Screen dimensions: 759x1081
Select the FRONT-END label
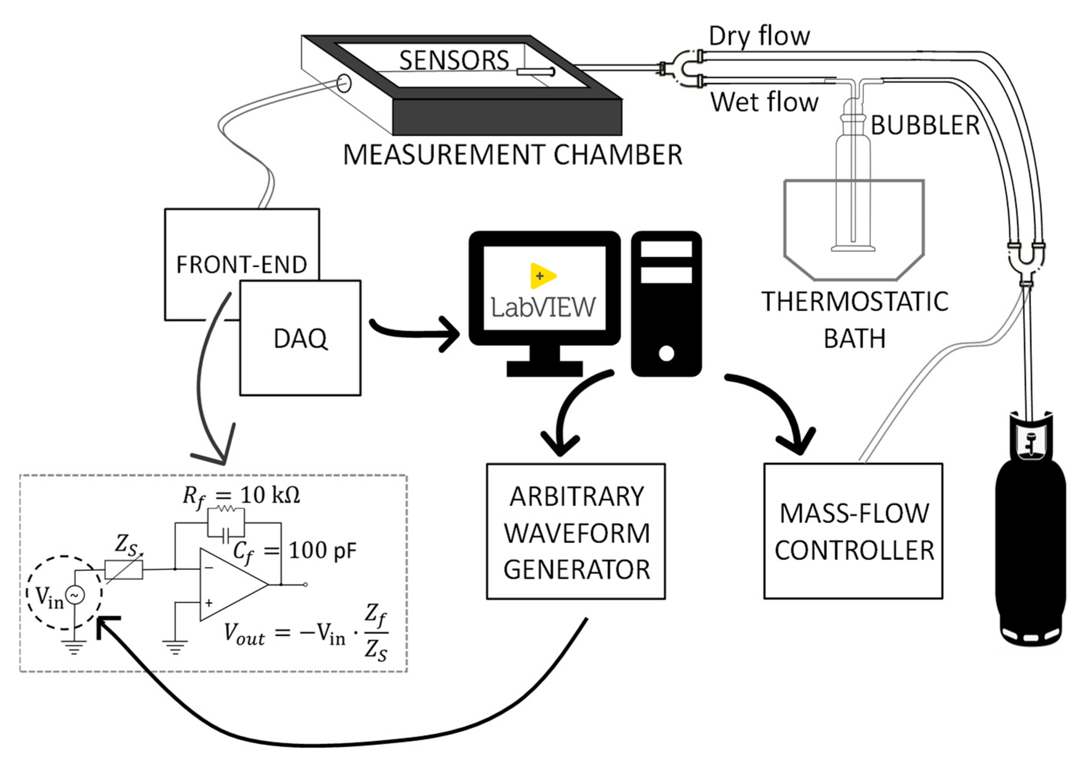(241, 265)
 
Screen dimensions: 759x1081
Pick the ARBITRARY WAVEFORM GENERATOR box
(576, 531)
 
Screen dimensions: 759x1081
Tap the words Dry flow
(759, 36)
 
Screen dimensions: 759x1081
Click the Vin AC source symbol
(75, 596)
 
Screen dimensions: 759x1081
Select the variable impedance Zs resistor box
(124, 570)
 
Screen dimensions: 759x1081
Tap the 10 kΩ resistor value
(270, 495)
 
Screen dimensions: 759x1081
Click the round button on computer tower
(666, 353)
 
